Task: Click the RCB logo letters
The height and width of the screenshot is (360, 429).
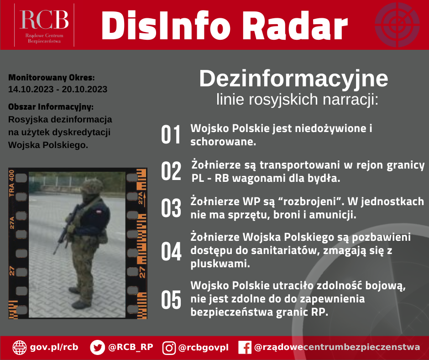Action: pyautogui.click(x=44, y=20)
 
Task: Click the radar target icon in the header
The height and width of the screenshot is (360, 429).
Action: pyautogui.click(x=397, y=25)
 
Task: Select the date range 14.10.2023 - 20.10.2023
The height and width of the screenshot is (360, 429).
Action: pyautogui.click(x=58, y=90)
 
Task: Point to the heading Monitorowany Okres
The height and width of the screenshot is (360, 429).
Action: pyautogui.click(x=52, y=78)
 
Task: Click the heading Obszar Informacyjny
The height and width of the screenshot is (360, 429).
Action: pyautogui.click(x=51, y=106)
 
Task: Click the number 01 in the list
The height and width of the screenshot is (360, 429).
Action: pyautogui.click(x=171, y=134)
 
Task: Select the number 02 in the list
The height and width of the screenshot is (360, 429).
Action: pyautogui.click(x=171, y=171)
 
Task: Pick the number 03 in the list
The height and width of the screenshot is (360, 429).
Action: pyautogui.click(x=171, y=208)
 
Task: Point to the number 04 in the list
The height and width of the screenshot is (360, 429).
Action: pyautogui.click(x=171, y=251)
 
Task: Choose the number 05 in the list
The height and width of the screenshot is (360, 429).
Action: pyautogui.click(x=171, y=299)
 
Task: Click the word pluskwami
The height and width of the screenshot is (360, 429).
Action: pyautogui.click(x=220, y=264)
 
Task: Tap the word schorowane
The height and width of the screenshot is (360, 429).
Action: pyautogui.click(x=223, y=142)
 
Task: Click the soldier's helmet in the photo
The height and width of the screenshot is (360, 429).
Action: pyautogui.click(x=92, y=186)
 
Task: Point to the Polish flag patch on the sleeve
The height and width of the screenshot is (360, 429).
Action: pyautogui.click(x=98, y=212)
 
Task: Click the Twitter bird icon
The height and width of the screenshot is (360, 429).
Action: pyautogui.click(x=97, y=347)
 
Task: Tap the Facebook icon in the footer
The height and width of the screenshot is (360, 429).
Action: pyautogui.click(x=245, y=348)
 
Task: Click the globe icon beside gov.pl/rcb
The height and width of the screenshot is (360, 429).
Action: pyautogui.click(x=20, y=348)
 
